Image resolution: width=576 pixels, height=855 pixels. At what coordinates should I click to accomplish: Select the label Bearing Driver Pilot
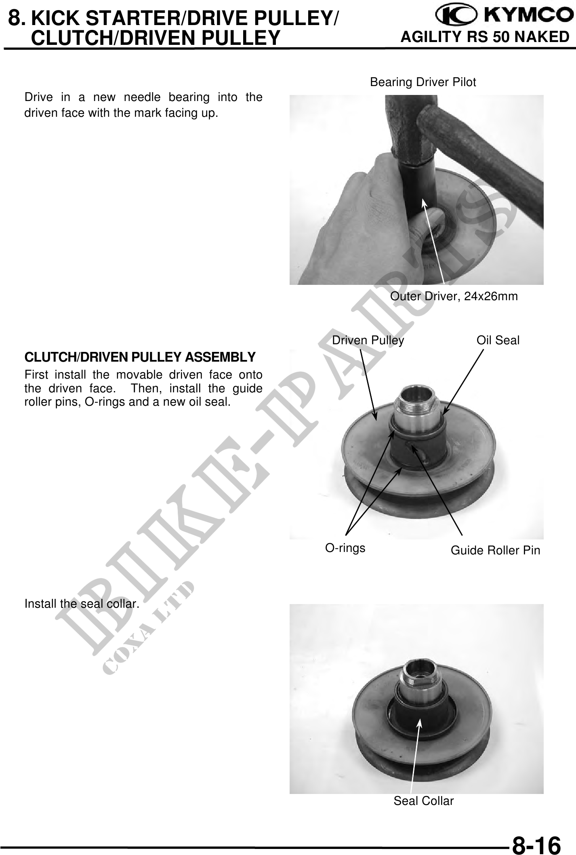(x=423, y=82)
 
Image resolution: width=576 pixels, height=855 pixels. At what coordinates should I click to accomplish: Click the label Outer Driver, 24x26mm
(x=454, y=297)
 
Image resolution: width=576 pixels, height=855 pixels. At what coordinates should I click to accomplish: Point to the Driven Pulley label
(x=368, y=341)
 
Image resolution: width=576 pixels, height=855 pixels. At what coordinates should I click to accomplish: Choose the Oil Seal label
(x=498, y=341)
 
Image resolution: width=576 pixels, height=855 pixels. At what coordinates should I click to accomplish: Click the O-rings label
(x=345, y=548)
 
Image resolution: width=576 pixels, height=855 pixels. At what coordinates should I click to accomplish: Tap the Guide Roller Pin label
(x=495, y=550)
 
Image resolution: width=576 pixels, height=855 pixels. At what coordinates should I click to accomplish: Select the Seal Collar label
(x=424, y=801)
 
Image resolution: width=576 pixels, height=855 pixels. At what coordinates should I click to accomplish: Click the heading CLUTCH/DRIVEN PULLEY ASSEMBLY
(x=140, y=357)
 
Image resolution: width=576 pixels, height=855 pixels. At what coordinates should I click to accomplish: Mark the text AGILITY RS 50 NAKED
(x=485, y=37)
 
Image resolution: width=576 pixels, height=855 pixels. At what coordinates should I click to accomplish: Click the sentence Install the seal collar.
(x=82, y=604)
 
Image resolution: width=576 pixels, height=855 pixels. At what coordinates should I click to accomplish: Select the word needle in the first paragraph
(x=141, y=98)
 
